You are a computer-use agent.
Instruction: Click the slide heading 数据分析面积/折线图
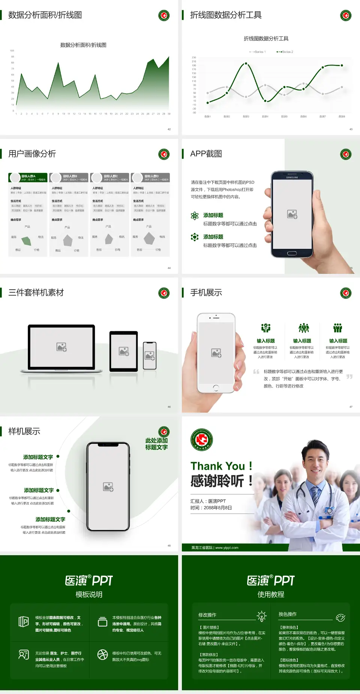[x=45, y=15]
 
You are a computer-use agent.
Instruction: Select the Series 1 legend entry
[x=258, y=52]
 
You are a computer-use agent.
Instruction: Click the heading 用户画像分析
[x=32, y=154]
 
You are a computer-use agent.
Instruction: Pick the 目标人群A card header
[x=28, y=177]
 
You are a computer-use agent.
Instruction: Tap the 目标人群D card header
[x=150, y=177]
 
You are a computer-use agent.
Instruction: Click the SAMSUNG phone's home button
[x=292, y=253]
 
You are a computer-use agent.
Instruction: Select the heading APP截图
[x=206, y=154]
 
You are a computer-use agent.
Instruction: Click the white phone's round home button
[x=216, y=388]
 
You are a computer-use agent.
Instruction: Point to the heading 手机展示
[x=206, y=293]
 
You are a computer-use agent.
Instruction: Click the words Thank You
[x=217, y=466]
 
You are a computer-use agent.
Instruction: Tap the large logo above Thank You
[x=202, y=440]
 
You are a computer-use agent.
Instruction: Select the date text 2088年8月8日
[x=217, y=508]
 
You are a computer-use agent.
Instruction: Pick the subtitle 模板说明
[x=89, y=595]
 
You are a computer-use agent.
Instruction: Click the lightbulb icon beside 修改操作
[x=261, y=616]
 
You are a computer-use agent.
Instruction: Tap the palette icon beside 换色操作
[x=340, y=617]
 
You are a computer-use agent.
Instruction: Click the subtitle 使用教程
[x=271, y=595]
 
